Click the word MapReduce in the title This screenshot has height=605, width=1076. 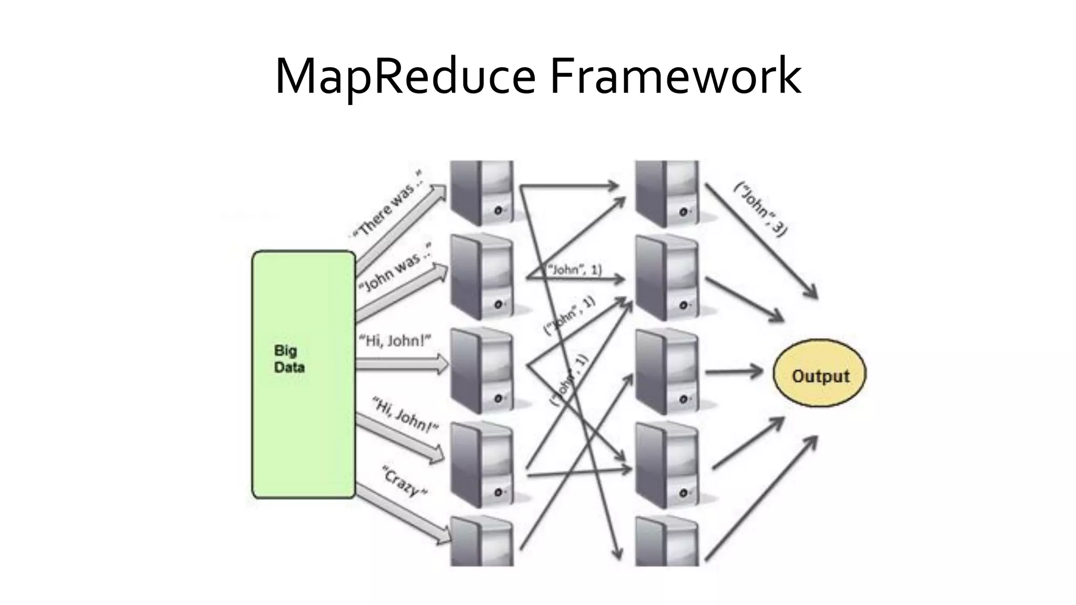pyautogui.click(x=405, y=78)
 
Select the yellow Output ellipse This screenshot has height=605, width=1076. pyautogui.click(x=820, y=374)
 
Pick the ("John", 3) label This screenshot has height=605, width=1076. pyautogui.click(x=761, y=208)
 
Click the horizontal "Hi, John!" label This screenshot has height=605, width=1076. pyautogui.click(x=394, y=341)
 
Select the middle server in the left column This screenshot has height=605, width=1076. pyautogui.click(x=482, y=371)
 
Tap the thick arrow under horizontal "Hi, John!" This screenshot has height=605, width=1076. pyautogui.click(x=402, y=364)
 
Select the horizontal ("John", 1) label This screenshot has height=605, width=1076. pyautogui.click(x=575, y=270)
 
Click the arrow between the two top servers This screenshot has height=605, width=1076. pyautogui.click(x=570, y=185)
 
